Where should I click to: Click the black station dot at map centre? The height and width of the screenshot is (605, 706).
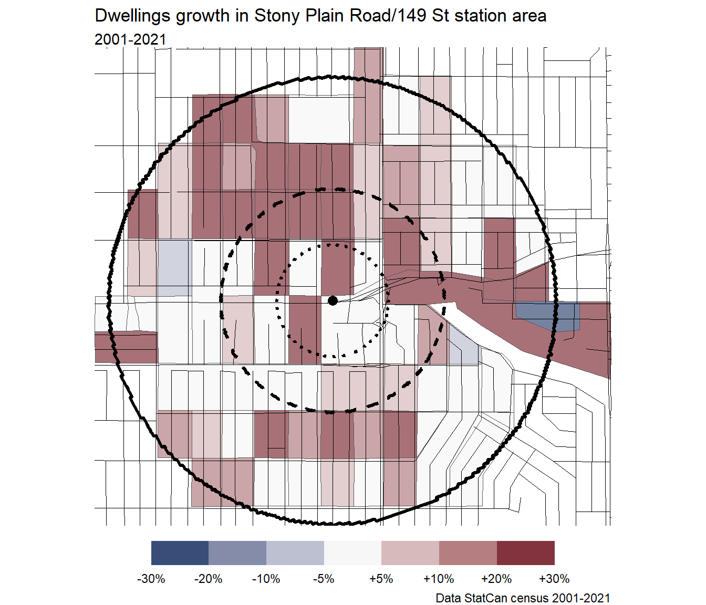pyautogui.click(x=333, y=300)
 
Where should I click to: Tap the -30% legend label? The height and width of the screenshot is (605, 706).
pyautogui.click(x=151, y=579)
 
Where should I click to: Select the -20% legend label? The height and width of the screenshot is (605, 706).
pyautogui.click(x=209, y=579)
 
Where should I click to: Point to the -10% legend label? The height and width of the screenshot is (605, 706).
pyautogui.click(x=266, y=579)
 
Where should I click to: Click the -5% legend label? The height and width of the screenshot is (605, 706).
pyautogui.click(x=324, y=579)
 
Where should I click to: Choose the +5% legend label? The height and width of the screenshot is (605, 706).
pyautogui.click(x=381, y=579)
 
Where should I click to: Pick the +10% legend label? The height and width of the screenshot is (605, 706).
pyautogui.click(x=439, y=579)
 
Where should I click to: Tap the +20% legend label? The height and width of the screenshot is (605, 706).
pyautogui.click(x=496, y=579)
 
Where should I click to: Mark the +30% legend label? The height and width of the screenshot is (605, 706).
pyautogui.click(x=554, y=579)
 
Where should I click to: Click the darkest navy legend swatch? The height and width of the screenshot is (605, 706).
pyautogui.click(x=180, y=553)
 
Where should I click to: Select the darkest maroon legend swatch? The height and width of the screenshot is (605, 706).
pyautogui.click(x=525, y=553)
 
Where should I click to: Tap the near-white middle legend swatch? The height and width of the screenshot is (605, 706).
pyautogui.click(x=352, y=553)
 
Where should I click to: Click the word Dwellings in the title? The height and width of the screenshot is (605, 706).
pyautogui.click(x=133, y=16)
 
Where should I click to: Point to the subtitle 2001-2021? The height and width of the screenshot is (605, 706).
pyautogui.click(x=130, y=39)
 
